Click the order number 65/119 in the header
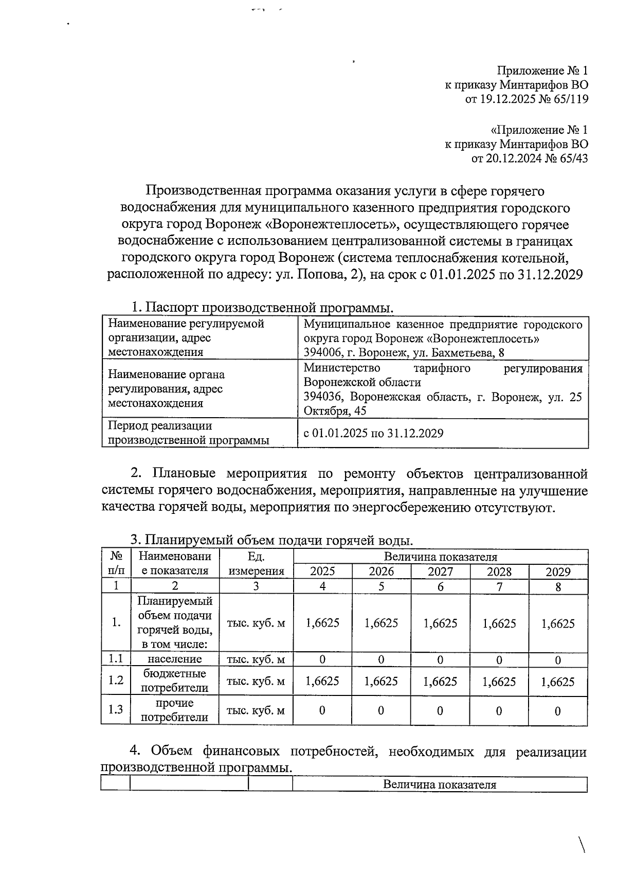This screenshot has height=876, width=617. [x=569, y=99]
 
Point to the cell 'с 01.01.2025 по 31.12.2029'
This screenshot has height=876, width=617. [x=373, y=433]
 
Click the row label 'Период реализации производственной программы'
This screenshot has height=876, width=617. [x=188, y=433]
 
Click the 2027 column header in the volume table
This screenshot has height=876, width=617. [x=440, y=571]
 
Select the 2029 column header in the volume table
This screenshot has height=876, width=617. [x=558, y=571]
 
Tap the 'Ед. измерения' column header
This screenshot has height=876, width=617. [x=256, y=564]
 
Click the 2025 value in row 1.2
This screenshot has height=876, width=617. [x=322, y=682]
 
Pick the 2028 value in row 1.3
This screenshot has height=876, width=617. [x=499, y=711]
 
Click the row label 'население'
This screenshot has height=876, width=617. [x=175, y=659]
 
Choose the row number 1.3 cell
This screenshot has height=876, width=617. [x=116, y=710]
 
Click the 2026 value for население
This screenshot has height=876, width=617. [x=381, y=659]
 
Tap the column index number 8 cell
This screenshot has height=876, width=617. [x=558, y=586]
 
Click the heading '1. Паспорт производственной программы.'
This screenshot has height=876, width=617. [x=262, y=308]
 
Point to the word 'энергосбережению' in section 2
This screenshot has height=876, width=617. [x=411, y=508]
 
